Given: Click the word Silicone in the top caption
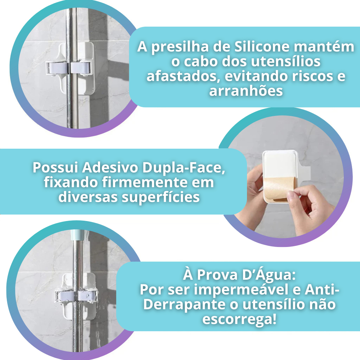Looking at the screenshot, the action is point(262,46).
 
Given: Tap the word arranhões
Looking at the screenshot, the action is point(246,91).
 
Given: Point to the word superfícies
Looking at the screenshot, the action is point(161,197).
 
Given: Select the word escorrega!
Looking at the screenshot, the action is point(239,319).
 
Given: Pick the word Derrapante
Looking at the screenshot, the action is point(184,305).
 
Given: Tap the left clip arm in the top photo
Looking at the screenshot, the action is point(57,69).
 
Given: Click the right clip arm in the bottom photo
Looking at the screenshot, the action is point(86,296).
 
